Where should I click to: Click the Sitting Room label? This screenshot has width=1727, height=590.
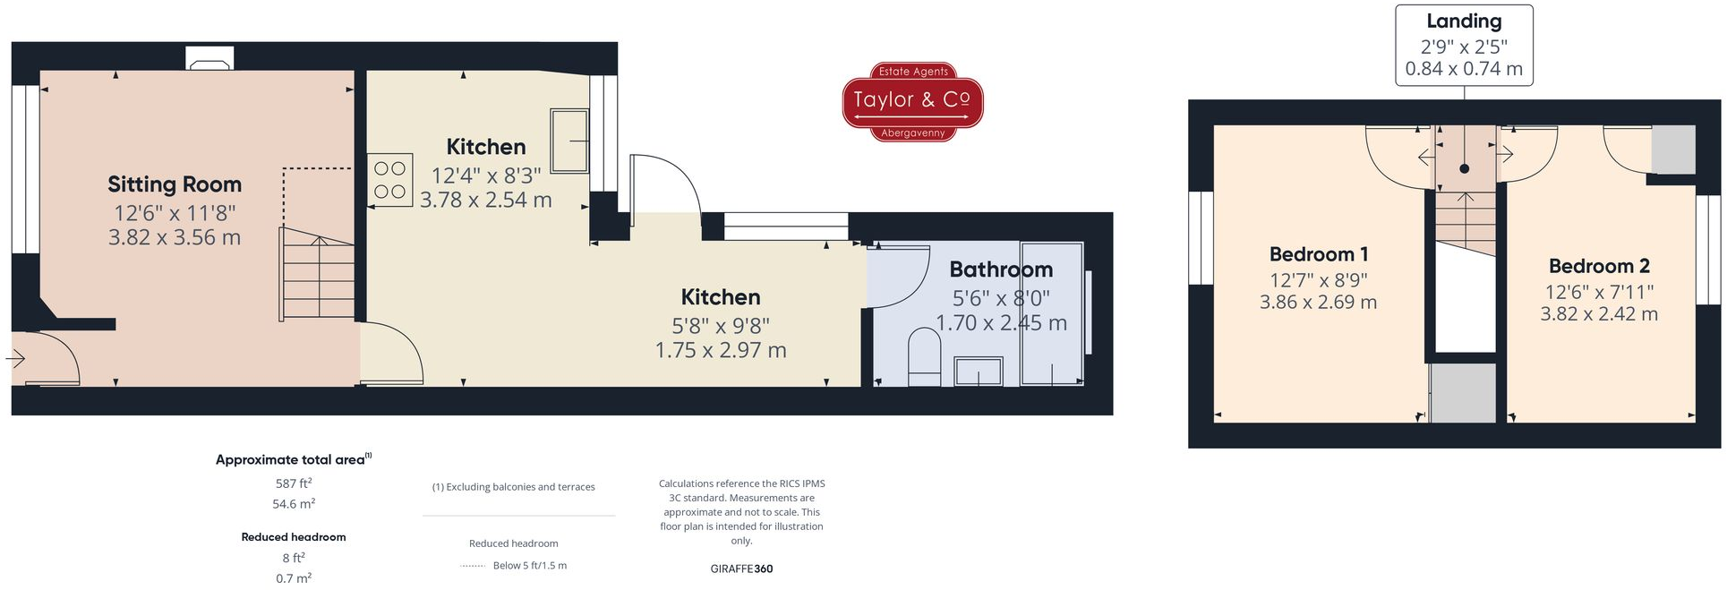175,184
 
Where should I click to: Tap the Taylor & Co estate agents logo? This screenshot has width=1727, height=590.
912,101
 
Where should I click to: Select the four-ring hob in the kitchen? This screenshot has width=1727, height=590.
389,180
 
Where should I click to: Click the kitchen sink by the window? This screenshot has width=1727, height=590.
569,141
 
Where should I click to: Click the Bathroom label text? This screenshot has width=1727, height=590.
1000,269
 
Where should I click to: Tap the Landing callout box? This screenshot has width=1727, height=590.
1463,45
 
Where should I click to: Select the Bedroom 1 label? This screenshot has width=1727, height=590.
1318,254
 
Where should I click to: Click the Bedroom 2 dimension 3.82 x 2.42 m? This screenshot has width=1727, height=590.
1598,314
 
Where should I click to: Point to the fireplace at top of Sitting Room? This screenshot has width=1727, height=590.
209,59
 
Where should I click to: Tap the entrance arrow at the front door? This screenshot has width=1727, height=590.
15,359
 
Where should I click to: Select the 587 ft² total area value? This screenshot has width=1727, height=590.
293,483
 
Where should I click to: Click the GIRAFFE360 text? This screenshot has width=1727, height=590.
740,569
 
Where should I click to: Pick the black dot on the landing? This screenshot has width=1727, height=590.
1464,168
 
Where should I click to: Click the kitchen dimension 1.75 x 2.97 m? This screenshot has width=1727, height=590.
720,351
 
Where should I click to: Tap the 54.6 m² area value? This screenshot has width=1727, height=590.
293,504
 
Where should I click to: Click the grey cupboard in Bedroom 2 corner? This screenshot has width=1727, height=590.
1672,150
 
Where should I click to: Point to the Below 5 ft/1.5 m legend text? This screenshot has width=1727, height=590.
529,566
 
